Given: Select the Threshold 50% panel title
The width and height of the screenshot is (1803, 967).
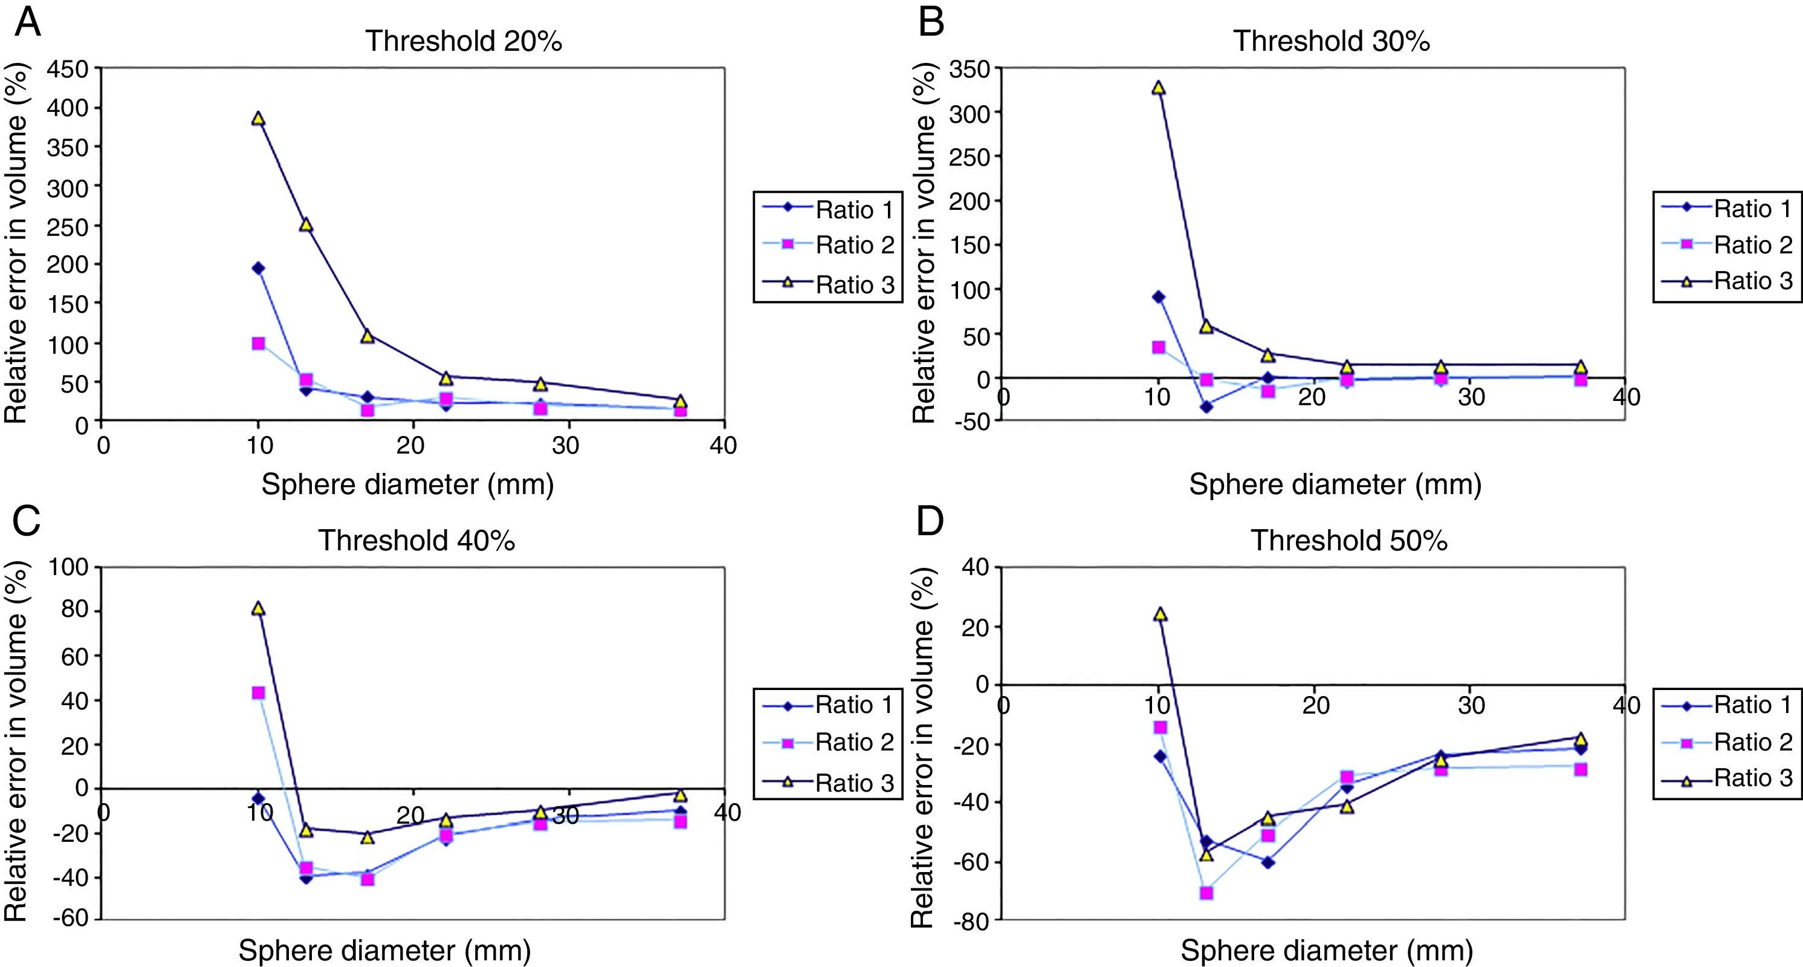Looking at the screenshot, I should click(x=1348, y=541).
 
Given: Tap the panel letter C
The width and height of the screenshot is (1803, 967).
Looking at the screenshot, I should click(x=27, y=522).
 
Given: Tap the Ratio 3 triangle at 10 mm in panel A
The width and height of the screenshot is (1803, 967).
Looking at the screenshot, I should click(x=258, y=119).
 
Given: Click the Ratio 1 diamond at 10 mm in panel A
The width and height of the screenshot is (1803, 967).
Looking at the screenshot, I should click(x=258, y=268).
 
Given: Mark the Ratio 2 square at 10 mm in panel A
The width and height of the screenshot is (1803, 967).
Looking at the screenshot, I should click(x=258, y=343).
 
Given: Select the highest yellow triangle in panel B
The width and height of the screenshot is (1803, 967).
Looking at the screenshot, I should click(x=1158, y=88).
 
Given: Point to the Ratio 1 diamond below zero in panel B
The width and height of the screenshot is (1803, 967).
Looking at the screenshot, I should click(x=1206, y=407).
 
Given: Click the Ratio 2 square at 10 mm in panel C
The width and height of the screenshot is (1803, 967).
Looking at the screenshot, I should click(x=258, y=692).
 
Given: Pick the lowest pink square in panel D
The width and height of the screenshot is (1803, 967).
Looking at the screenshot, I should click(x=1206, y=893).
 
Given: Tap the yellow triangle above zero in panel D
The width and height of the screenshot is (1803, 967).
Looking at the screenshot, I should click(x=1160, y=614).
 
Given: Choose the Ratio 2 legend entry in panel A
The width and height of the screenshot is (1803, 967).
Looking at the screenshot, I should click(x=828, y=244).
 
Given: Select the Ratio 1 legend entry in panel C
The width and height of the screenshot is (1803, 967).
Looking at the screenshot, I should click(x=828, y=705).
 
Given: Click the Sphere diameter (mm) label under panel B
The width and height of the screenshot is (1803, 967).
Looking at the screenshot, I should click(x=1335, y=484).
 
